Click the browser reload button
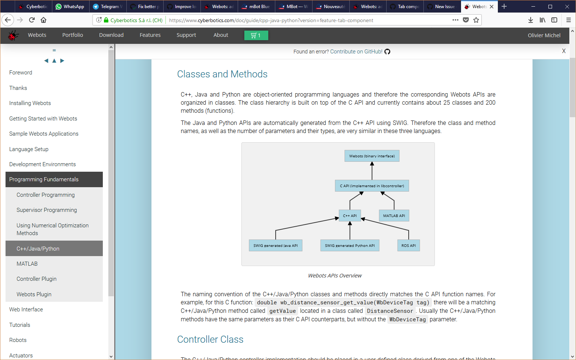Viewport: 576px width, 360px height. point(32,20)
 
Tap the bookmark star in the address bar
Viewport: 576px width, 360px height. point(476,20)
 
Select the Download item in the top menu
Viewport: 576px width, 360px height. point(111,35)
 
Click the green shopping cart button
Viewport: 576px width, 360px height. point(256,35)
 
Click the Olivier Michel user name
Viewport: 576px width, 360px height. point(544,35)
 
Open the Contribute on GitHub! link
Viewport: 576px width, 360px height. point(356,52)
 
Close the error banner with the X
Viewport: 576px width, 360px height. point(563,51)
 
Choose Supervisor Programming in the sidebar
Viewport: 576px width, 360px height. point(47,210)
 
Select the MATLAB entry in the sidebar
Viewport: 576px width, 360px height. point(27,264)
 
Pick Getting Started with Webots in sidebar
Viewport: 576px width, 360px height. point(43,119)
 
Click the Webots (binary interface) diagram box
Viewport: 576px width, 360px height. point(372,156)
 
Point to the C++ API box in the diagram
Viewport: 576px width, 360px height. point(350,216)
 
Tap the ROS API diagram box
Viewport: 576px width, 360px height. point(408,245)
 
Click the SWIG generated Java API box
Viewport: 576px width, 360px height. point(275,245)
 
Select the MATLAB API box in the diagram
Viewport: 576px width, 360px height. point(394,216)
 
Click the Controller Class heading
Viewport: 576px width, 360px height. point(210,339)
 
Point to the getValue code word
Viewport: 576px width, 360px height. point(282,311)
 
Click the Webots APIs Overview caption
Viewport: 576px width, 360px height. point(335,276)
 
